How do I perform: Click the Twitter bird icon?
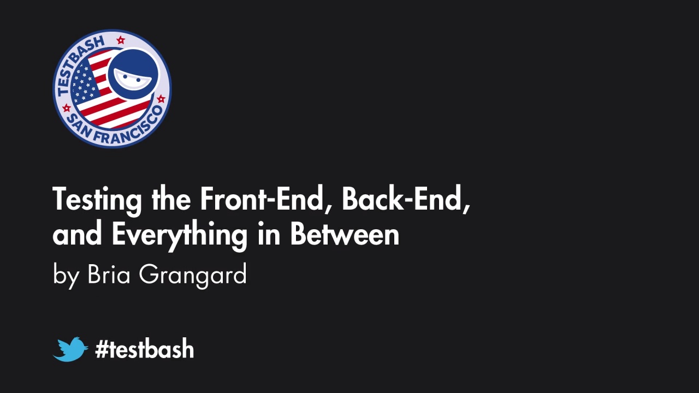coord(70,349)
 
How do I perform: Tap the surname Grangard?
coord(193,275)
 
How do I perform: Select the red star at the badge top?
coord(121,40)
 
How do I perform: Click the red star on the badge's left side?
coord(67,108)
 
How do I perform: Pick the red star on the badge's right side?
coord(161,99)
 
